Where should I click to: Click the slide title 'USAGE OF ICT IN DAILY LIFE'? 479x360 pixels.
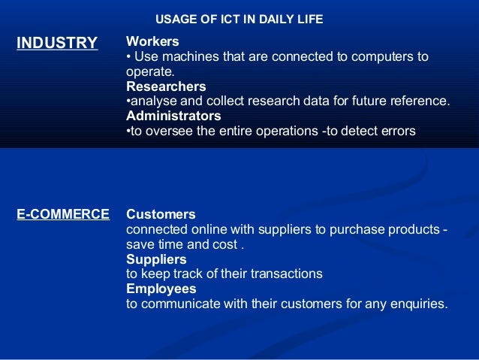[239, 20]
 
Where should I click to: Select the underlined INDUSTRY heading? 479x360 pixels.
[57, 43]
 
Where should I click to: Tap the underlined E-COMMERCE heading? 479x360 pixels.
[63, 215]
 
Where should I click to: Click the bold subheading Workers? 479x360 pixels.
[152, 42]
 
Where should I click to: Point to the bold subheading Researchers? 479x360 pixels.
[166, 86]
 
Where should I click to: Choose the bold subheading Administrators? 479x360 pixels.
[173, 116]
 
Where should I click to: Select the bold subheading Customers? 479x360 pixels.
[161, 214]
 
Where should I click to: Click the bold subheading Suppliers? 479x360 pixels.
[156, 259]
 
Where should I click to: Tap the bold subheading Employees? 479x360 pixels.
[161, 289]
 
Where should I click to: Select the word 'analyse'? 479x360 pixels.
[152, 101]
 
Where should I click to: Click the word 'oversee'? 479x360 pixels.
[166, 131]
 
